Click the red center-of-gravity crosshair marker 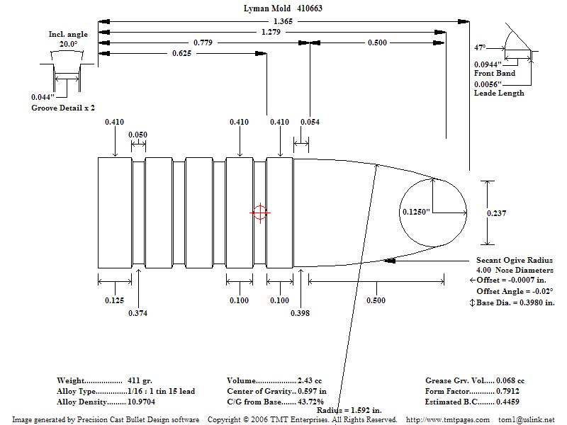point(259,212)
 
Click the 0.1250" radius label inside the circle point(416,212)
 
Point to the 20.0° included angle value point(67,44)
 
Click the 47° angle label point(480,47)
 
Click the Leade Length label point(499,93)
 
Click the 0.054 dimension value point(310,122)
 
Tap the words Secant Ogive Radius point(514,261)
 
